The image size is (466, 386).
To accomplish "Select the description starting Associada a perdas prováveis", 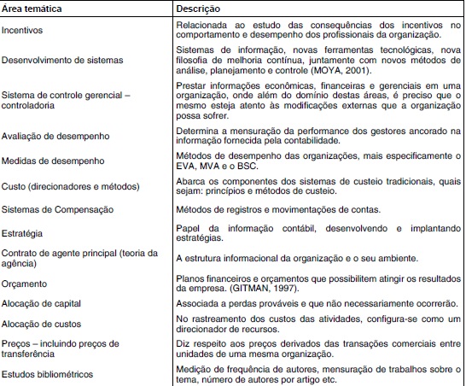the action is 312,304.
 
